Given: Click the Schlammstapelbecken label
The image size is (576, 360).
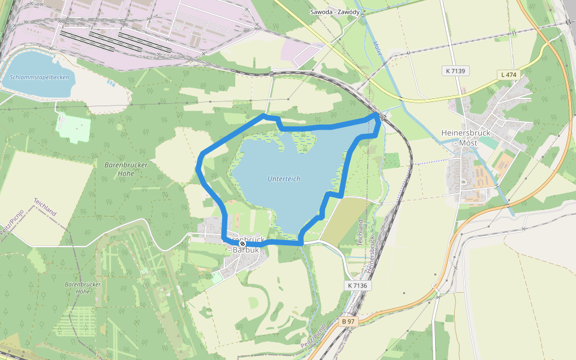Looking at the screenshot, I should tap(40, 77).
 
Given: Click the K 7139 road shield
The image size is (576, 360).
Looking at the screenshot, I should tap(457, 71).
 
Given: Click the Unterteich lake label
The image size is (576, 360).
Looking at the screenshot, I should tap(284, 179).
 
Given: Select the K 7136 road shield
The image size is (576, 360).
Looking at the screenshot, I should tap(356, 286).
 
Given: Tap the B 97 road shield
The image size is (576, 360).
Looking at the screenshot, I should tap(348, 322).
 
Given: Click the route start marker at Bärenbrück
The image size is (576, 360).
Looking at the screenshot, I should tap(242, 244).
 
